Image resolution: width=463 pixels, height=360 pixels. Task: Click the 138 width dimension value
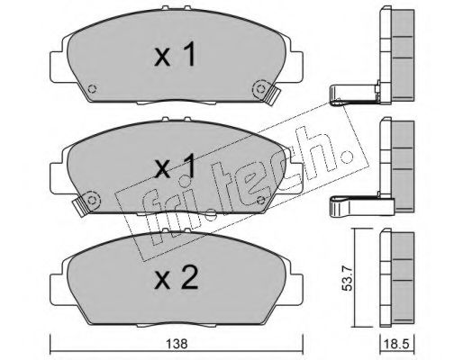tap(177, 344)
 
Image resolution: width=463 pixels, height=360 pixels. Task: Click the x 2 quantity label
tap(177, 278)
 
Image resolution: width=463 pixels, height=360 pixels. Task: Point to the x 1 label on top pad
tap(176, 54)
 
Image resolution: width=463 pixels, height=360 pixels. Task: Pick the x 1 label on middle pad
tap(176, 166)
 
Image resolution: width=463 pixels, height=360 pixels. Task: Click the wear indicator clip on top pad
tap(272, 95)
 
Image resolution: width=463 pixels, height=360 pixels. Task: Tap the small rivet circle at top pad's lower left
tap(93, 89)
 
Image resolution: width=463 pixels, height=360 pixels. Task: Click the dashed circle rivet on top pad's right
tap(260, 89)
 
